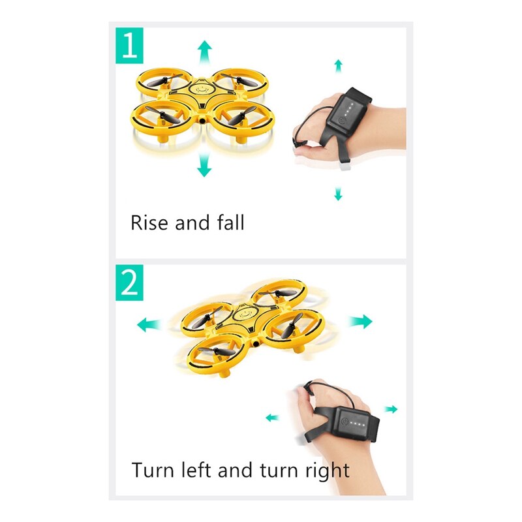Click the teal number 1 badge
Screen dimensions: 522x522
(x=129, y=46)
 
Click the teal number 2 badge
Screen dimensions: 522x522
(x=129, y=282)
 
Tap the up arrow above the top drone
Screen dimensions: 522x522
(x=205, y=49)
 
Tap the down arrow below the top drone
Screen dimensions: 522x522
(x=205, y=169)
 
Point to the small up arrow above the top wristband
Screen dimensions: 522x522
(x=338, y=65)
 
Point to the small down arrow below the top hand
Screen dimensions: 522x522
(x=338, y=194)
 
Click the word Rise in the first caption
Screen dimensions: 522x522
(x=149, y=223)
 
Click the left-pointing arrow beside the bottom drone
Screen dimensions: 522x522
(x=149, y=325)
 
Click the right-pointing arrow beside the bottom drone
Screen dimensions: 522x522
(x=360, y=321)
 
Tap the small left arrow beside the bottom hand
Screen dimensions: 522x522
(x=271, y=418)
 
